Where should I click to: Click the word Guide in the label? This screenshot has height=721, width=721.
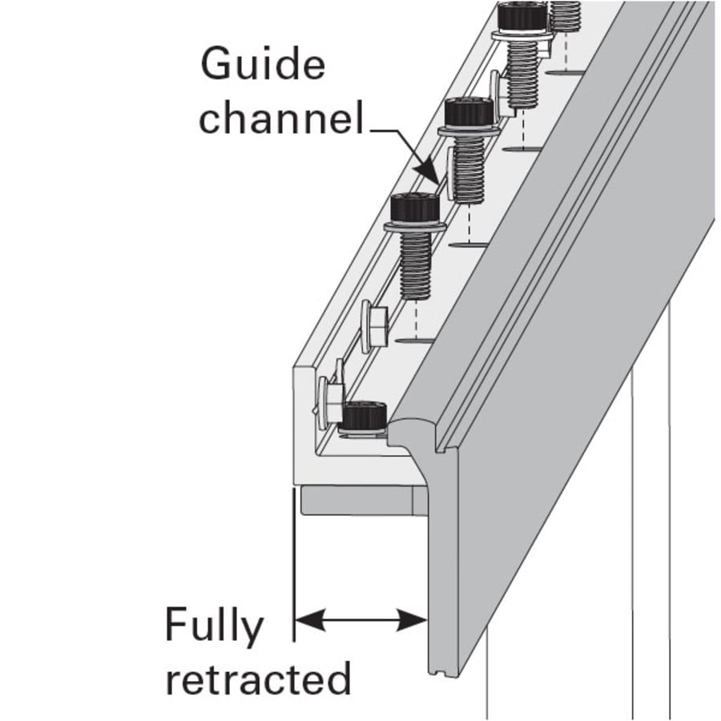(x=263, y=64)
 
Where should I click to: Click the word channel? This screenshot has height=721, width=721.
(x=280, y=119)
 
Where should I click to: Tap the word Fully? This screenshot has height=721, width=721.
(x=214, y=626)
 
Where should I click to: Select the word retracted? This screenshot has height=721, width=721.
(x=258, y=679)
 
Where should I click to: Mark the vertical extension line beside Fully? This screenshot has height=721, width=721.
(x=294, y=561)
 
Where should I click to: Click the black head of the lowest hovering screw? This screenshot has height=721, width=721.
(x=414, y=208)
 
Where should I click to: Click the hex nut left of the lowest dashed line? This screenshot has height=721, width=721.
(x=373, y=326)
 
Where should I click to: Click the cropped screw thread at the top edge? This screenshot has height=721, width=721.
(x=566, y=14)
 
